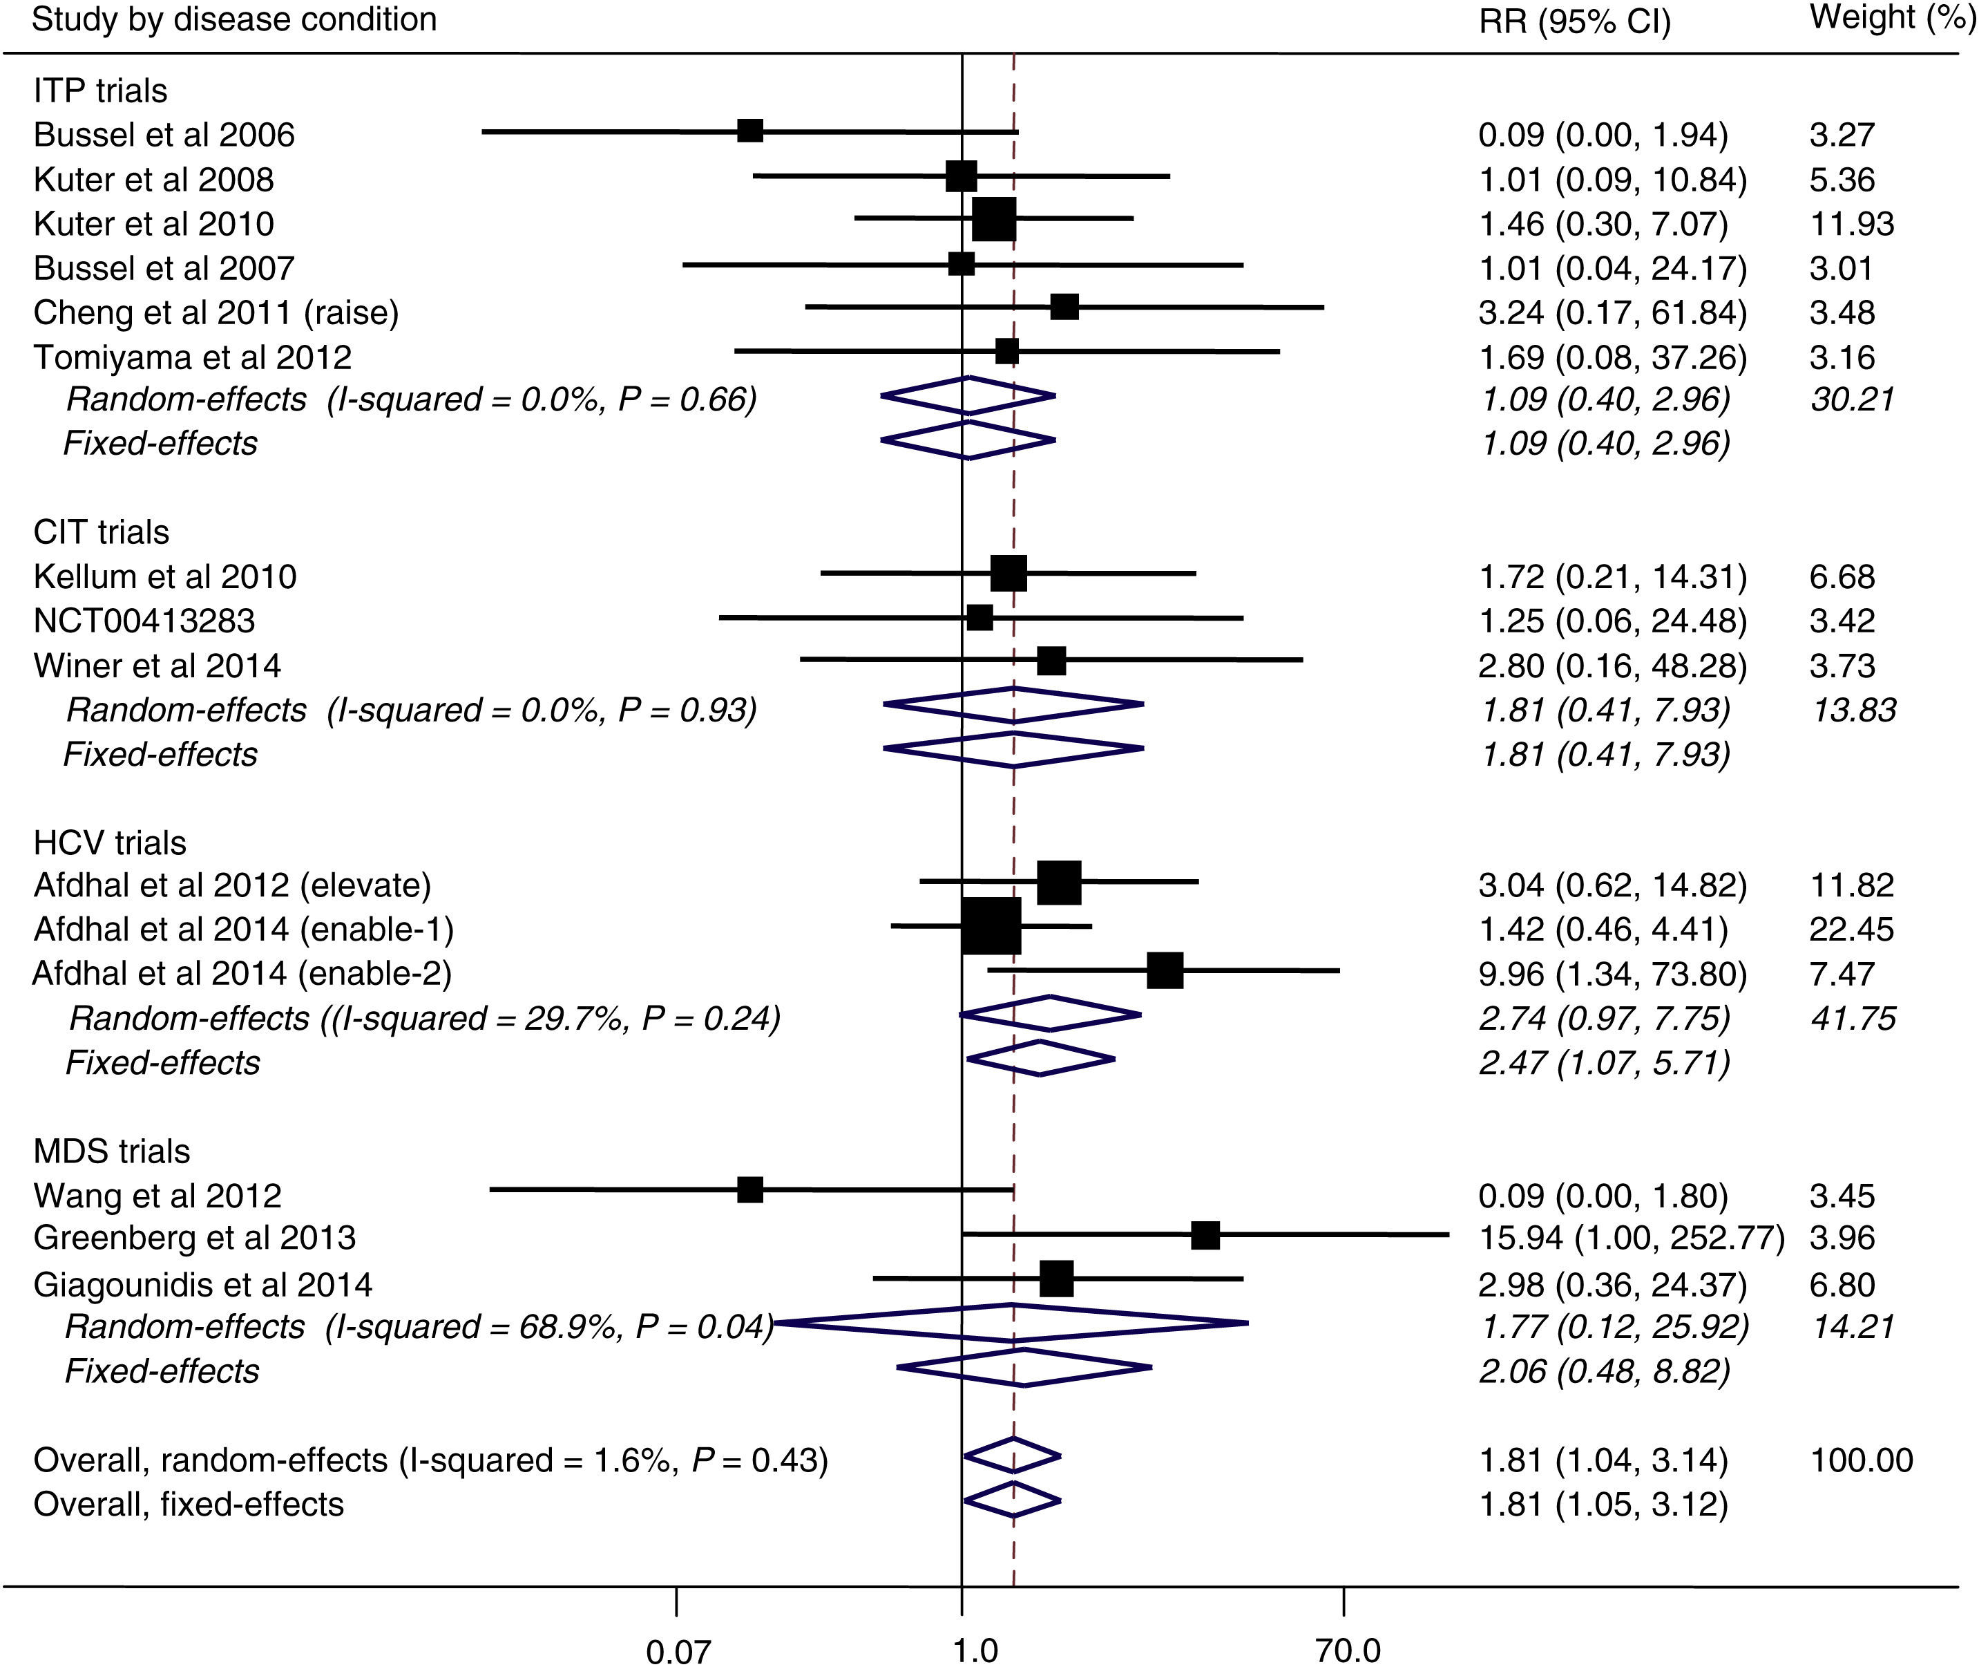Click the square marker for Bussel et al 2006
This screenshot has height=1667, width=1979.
tap(750, 131)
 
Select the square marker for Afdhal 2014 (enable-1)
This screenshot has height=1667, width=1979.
tap(991, 926)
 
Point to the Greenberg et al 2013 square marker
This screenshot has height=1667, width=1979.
tap(1205, 1235)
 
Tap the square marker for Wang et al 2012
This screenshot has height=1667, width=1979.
tap(750, 1189)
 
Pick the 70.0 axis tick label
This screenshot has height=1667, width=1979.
tap(1348, 1650)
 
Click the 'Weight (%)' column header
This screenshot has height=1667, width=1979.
tap(1890, 19)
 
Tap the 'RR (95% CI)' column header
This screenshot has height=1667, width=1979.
tap(1575, 21)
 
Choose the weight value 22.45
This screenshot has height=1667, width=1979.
tap(1851, 930)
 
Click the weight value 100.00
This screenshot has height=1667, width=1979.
tap(1861, 1460)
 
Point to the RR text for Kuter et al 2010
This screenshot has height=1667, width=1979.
tap(1603, 224)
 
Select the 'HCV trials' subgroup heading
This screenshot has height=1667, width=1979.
tap(110, 842)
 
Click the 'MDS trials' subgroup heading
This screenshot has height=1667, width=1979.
tap(111, 1151)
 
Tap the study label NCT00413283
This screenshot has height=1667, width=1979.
tap(144, 621)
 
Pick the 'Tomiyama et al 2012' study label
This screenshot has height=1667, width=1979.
tap(192, 357)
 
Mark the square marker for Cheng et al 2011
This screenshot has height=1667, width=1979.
tap(1064, 307)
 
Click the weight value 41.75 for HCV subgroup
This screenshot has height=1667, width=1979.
tap(1853, 1019)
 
